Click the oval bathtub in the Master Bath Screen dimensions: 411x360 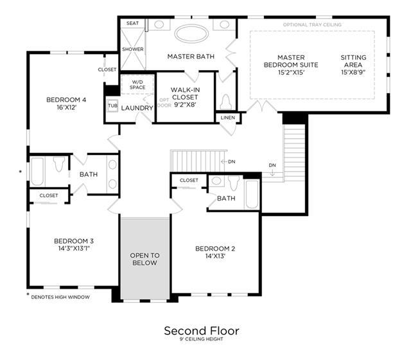click(191, 33)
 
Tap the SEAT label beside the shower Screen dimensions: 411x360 click(132, 23)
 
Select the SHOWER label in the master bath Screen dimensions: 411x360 click(133, 49)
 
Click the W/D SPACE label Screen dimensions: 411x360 click(137, 85)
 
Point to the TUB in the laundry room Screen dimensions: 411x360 click(113, 105)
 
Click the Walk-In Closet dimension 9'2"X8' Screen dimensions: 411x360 click(186, 105)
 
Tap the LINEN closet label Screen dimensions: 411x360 click(228, 118)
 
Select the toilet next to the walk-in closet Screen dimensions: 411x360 click(226, 102)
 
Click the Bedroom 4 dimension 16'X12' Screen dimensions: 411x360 click(66, 107)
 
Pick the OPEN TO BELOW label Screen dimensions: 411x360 click(144, 259)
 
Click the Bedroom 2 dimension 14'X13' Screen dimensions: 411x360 click(215, 256)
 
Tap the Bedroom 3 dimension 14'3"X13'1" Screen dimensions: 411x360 click(74, 248)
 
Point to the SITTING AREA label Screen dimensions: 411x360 click(353, 61)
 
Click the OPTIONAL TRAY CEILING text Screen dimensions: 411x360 click(312, 24)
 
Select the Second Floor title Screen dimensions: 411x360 click(202, 330)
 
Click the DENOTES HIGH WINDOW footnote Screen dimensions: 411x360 click(60, 297)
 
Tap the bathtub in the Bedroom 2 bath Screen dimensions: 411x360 click(252, 194)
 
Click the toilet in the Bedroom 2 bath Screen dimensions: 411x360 click(234, 183)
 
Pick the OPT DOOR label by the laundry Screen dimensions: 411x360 click(164, 103)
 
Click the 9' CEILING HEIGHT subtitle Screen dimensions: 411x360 click(201, 339)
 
